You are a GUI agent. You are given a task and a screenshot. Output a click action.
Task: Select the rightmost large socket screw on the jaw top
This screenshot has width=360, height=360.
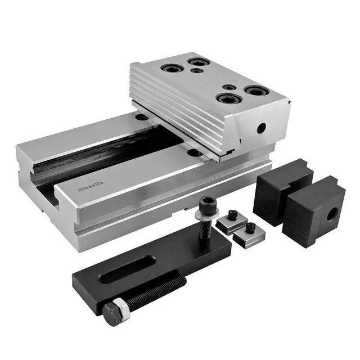(256, 91)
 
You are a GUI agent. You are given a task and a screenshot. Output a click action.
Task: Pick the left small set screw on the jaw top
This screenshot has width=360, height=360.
(197, 71)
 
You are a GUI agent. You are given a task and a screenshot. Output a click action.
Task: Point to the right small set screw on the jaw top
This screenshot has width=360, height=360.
(229, 87)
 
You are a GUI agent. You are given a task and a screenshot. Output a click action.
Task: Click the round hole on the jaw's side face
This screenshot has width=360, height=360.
(261, 128)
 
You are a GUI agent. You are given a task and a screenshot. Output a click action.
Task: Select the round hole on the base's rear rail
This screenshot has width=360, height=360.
(142, 118)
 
